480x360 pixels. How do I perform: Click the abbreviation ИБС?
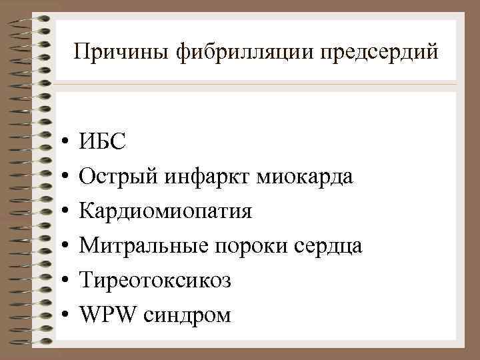101,141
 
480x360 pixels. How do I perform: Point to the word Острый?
117,176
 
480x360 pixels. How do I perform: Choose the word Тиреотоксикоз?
155,281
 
